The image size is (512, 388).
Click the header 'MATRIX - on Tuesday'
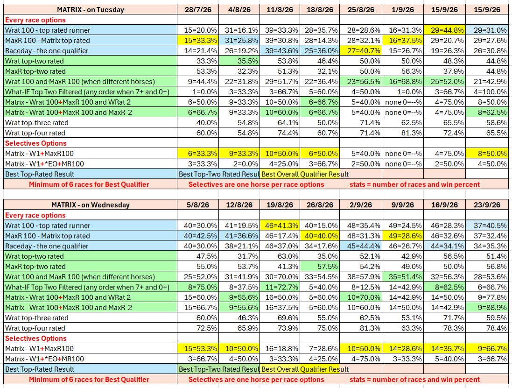pyautogui.click(x=91, y=9)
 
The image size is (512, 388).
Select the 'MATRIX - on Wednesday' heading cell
pyautogui.click(x=91, y=205)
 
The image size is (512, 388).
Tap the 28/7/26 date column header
pyautogui.click(x=198, y=9)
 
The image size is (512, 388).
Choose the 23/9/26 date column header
pyautogui.click(x=487, y=205)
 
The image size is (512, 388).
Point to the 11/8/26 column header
pyautogui.click(x=280, y=9)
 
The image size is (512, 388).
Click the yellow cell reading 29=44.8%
pyautogui.click(x=444, y=30)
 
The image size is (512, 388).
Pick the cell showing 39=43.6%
pyautogui.click(x=280, y=50)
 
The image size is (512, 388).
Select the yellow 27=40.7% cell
pyautogui.click(x=361, y=50)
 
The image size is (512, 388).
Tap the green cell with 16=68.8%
pyautogui.click(x=403, y=81)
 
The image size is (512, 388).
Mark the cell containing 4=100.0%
pyautogui.click(x=487, y=92)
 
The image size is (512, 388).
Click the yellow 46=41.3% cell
pyautogui.click(x=280, y=226)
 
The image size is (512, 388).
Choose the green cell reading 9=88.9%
pyautogui.click(x=487, y=307)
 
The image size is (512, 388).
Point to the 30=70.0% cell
pyautogui.click(x=280, y=276)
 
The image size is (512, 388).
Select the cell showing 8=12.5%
pyautogui.click(x=361, y=287)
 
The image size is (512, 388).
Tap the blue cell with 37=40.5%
pyautogui.click(x=487, y=226)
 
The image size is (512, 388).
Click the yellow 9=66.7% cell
pyautogui.click(x=487, y=348)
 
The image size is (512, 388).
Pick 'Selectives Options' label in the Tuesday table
pyautogui.click(x=35, y=143)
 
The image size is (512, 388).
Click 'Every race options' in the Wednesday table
pyautogui.click(x=35, y=215)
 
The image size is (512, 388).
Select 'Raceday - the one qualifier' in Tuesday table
pyautogui.click(x=47, y=50)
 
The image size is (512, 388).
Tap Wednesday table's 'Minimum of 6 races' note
pyautogui.click(x=89, y=380)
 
